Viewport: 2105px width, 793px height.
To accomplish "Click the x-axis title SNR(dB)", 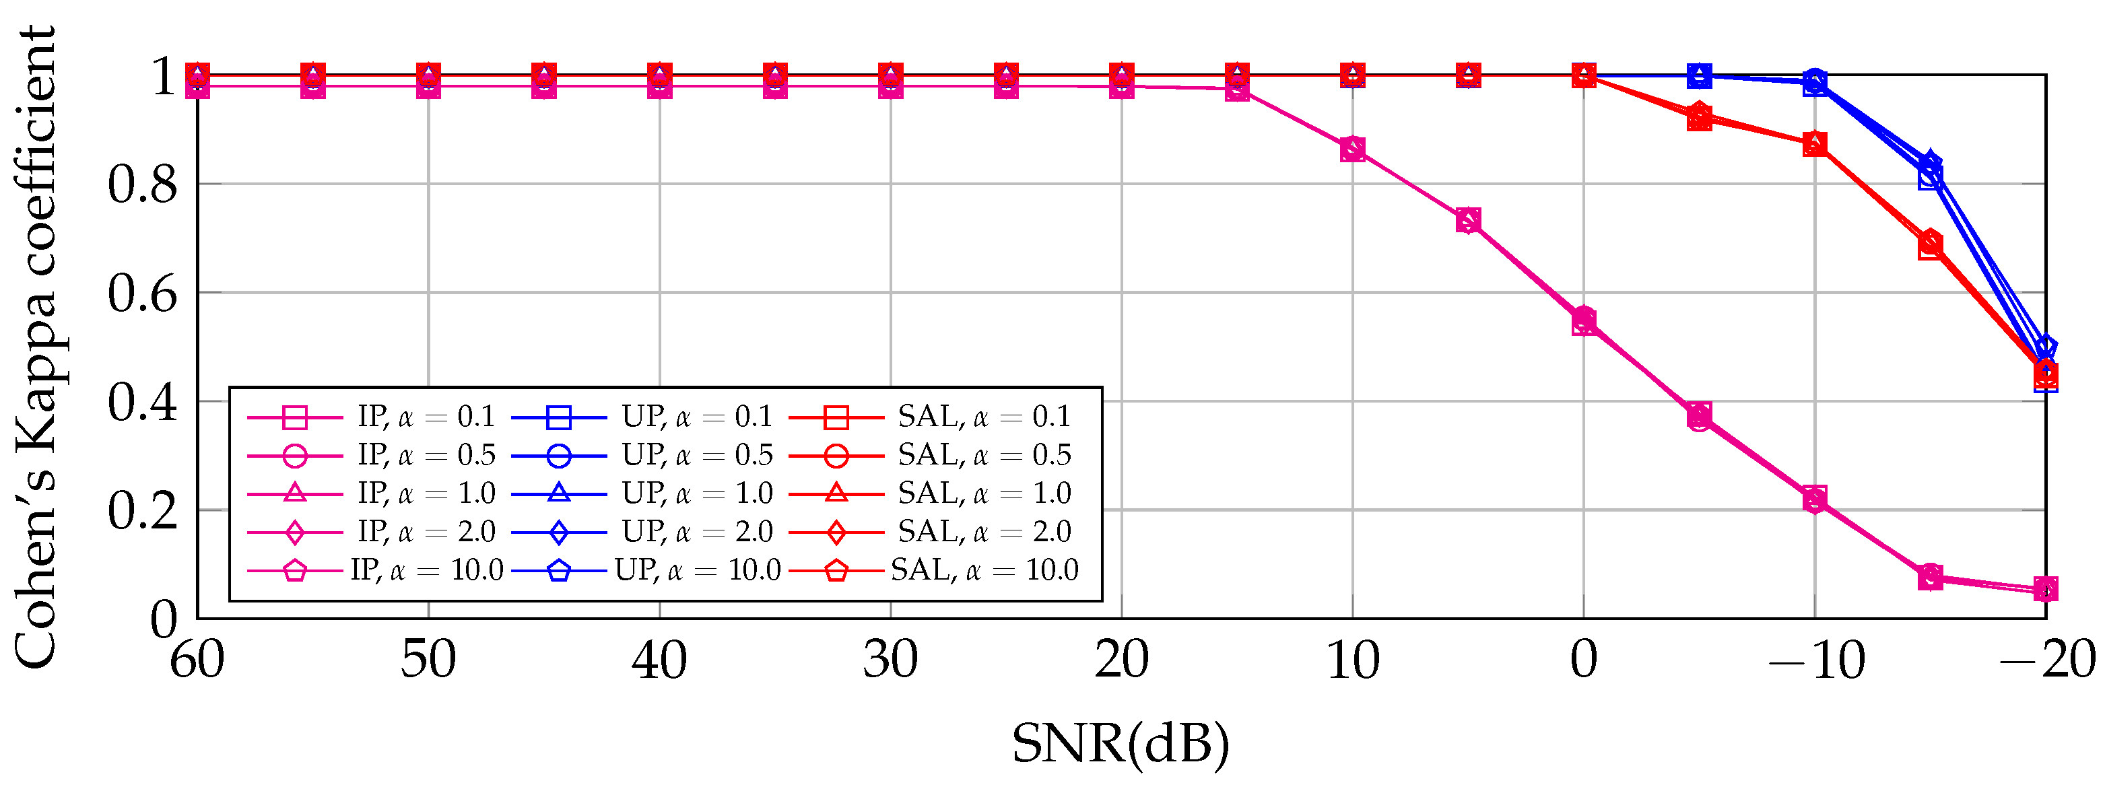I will [1121, 743].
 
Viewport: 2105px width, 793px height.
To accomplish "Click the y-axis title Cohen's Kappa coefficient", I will [37, 347].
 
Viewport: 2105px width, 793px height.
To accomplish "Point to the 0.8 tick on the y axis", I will [143, 184].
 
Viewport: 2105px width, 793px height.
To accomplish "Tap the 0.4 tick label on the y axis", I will [143, 402].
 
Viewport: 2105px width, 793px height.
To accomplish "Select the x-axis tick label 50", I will [428, 660].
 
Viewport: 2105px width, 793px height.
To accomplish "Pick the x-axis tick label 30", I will [891, 660].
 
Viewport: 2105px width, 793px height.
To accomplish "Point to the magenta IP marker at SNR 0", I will [1584, 321].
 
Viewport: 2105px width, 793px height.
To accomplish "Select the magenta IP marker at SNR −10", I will [1815, 498].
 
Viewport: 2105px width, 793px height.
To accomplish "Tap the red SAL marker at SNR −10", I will [1815, 145].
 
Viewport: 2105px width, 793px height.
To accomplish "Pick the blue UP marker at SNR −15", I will [1930, 171].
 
